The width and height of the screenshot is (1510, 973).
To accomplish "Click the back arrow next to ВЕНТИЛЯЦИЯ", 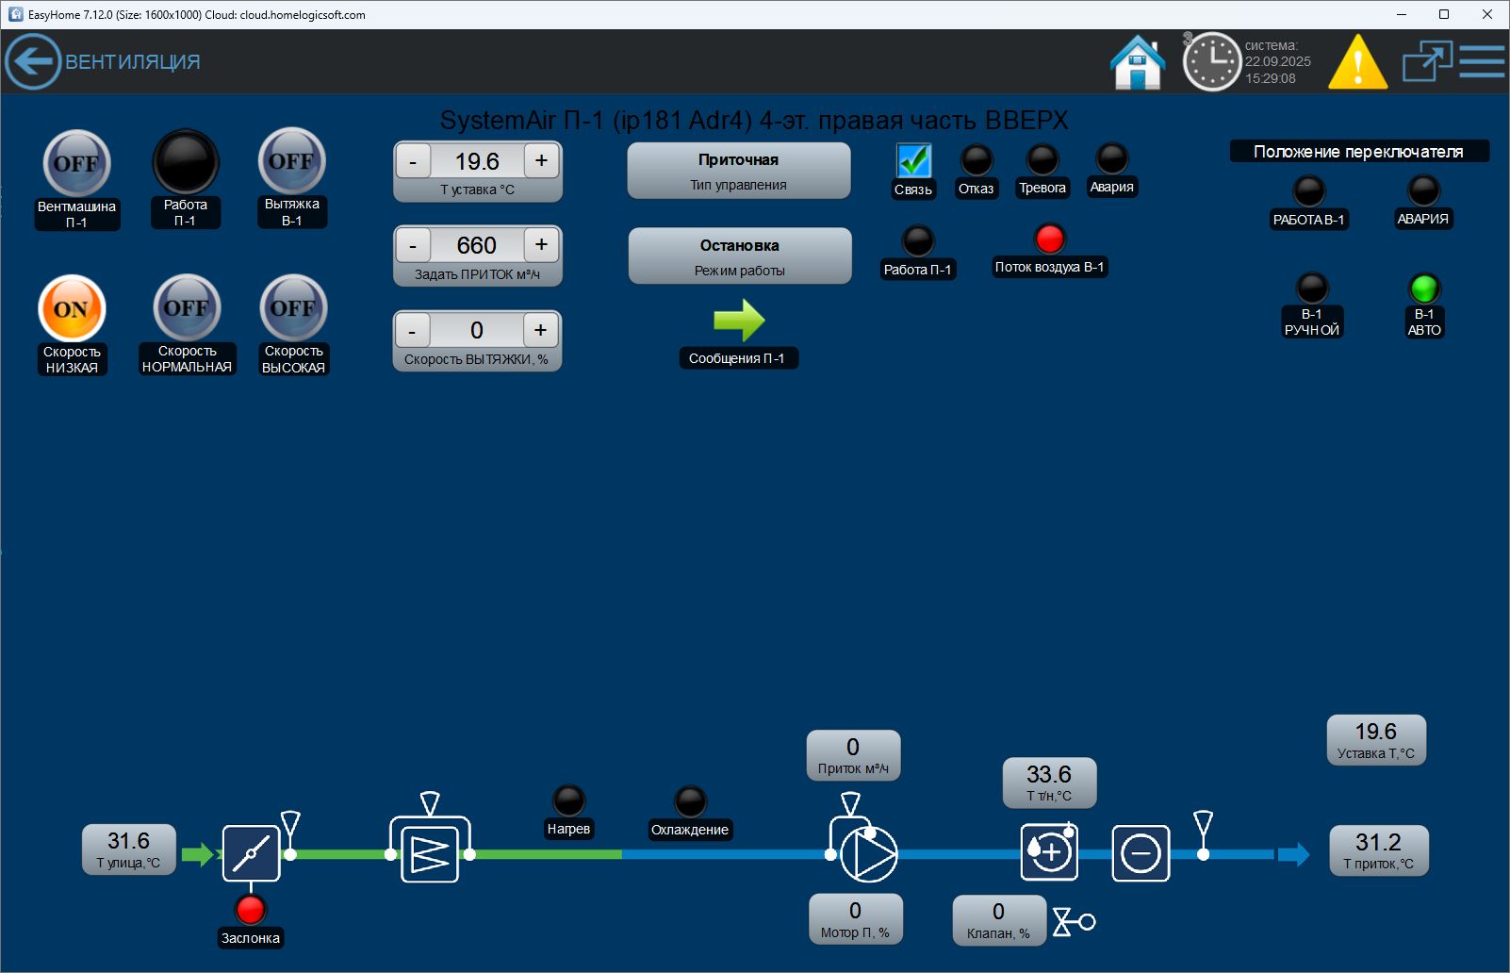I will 33,61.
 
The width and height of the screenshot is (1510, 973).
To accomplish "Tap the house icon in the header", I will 1138,62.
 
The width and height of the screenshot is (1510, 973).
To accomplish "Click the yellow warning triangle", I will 1357,62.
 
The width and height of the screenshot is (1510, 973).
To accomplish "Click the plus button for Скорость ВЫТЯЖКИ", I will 540,330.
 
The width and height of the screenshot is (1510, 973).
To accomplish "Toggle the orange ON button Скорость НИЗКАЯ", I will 72,308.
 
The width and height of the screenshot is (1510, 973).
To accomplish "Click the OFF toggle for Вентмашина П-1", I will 76,163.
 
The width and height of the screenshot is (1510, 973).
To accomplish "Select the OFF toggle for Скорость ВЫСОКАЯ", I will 293,307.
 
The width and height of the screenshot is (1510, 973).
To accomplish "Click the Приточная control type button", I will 739,171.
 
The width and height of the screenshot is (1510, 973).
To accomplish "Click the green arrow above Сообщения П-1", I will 739,320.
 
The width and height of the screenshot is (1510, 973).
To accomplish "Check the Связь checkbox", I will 913,160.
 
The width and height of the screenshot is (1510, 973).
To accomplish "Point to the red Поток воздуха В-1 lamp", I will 1049,239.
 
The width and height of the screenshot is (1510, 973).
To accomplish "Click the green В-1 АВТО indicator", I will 1424,288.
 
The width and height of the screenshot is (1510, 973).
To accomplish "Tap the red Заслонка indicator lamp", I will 251,909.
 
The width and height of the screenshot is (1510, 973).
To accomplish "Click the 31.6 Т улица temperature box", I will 128,849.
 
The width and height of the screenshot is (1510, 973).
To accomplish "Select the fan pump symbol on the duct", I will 867,853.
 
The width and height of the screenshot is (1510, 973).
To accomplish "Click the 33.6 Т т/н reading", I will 1049,783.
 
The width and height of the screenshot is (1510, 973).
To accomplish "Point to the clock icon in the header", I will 1211,62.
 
